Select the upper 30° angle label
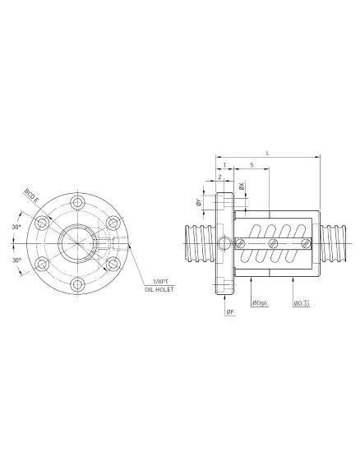(17, 226)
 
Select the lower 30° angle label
(17, 260)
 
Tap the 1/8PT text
(155, 283)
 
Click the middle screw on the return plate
(271, 242)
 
